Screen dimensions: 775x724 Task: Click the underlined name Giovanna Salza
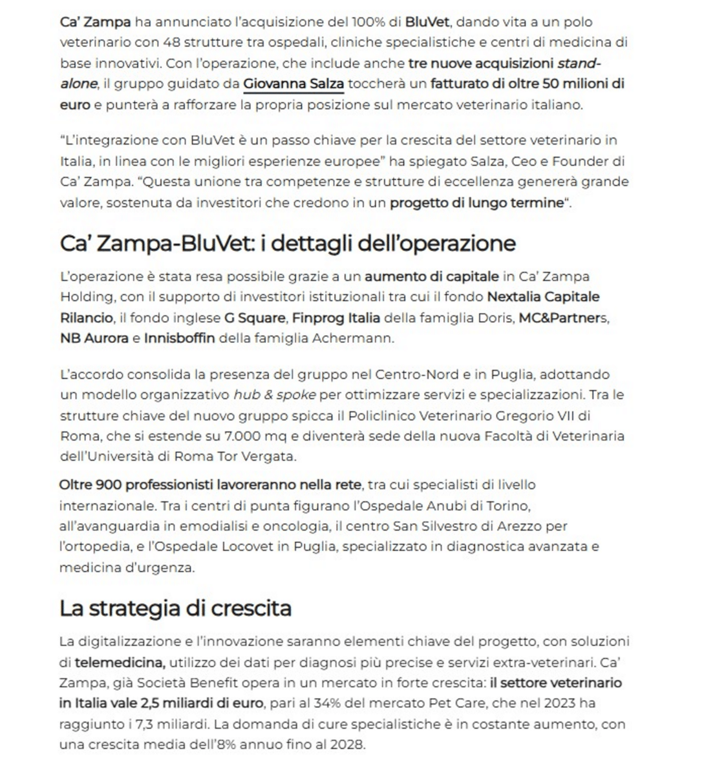[293, 84]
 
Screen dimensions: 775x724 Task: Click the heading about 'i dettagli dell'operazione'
[288, 243]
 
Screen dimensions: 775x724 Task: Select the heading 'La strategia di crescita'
[175, 608]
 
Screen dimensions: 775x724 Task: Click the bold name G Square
[255, 318]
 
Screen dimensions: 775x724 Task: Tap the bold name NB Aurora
[94, 338]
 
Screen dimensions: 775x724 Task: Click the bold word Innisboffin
[179, 338]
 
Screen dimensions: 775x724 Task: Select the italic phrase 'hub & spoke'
[274, 395]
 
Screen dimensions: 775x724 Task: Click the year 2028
[346, 745]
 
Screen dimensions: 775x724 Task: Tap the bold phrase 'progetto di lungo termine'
[476, 203]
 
